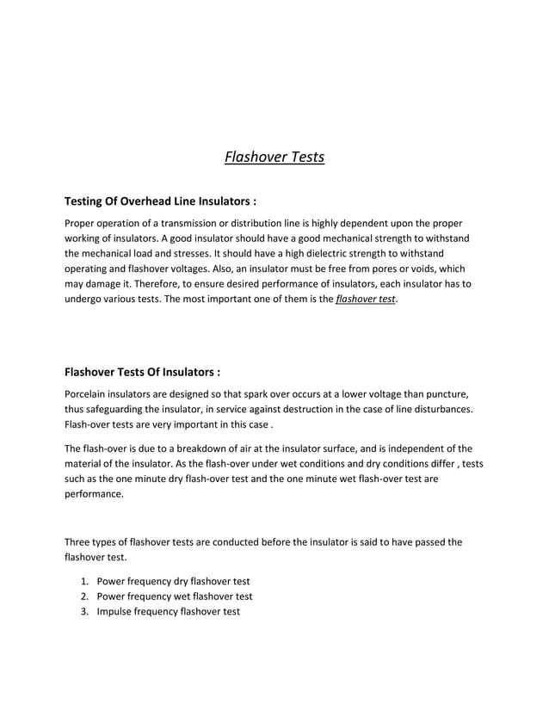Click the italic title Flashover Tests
[274, 158]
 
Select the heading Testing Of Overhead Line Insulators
[161, 201]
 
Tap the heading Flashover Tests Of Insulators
[143, 373]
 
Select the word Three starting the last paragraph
[79, 542]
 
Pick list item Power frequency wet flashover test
[175, 597]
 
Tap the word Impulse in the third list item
[115, 612]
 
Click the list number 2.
[84, 597]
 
